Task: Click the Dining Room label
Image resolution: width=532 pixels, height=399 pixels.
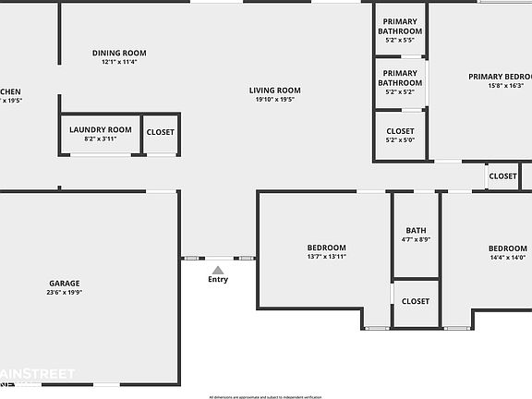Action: [x=119, y=53]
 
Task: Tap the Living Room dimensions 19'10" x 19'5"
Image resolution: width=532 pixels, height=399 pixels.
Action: [x=275, y=100]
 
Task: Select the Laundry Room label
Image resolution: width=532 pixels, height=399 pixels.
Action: [x=101, y=130]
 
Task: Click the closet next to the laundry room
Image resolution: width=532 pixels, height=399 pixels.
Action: [x=160, y=132]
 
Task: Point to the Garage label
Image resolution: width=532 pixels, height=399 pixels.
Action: [x=65, y=284]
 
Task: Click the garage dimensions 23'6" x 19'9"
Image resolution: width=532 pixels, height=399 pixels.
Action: [x=65, y=293]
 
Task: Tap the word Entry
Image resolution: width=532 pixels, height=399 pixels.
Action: [x=218, y=279]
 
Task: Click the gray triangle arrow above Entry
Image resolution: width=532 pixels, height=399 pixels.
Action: [x=218, y=269]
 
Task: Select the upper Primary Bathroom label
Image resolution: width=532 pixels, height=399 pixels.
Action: [x=400, y=27]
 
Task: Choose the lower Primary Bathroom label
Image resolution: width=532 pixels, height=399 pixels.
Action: [x=400, y=78]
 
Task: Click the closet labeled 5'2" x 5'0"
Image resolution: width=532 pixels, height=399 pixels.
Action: [x=400, y=140]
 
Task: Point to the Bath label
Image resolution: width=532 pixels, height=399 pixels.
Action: [x=416, y=231]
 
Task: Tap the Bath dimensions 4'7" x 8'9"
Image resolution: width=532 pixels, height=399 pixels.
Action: [x=416, y=240]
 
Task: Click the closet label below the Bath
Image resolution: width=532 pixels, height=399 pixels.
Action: [x=416, y=301]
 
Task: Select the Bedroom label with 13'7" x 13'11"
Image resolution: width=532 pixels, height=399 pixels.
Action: [x=327, y=248]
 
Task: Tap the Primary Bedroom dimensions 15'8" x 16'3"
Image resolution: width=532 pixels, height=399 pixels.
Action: [x=506, y=86]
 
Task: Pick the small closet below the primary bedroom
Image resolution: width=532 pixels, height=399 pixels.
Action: [x=502, y=176]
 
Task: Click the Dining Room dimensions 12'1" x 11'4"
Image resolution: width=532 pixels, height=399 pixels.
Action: [x=119, y=62]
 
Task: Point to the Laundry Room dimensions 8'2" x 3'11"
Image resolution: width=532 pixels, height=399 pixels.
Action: [x=101, y=139]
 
